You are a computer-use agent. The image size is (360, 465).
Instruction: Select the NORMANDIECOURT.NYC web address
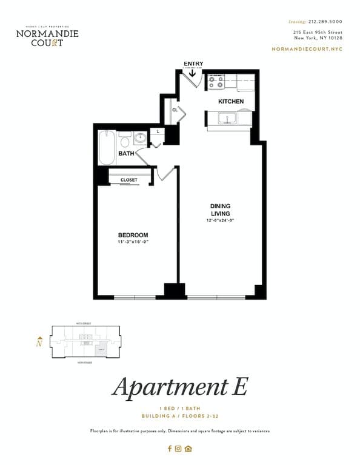tap(307, 48)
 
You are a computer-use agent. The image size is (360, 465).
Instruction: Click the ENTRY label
tap(193, 64)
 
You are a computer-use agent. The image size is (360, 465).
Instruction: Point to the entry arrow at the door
tap(193, 73)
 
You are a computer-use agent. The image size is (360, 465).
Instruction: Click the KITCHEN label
tap(231, 101)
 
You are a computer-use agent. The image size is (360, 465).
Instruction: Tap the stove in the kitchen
tap(216, 81)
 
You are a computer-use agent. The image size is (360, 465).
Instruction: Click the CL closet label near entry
tap(175, 110)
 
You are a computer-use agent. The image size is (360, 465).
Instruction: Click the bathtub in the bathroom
tap(107, 148)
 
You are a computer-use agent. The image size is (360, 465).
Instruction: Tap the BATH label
tap(126, 154)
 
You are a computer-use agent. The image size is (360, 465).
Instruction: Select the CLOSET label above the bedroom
tap(128, 180)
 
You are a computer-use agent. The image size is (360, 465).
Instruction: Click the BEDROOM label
tap(133, 235)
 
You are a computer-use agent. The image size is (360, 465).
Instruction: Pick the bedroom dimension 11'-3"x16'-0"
tap(133, 242)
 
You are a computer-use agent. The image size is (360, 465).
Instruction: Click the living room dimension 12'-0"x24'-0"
tap(220, 220)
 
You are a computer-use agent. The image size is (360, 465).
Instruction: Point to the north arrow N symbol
tap(39, 342)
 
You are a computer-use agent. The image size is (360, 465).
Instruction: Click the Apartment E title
tap(179, 386)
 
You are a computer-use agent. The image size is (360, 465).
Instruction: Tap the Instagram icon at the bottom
tap(179, 449)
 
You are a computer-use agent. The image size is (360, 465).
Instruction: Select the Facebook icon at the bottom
tap(170, 449)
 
